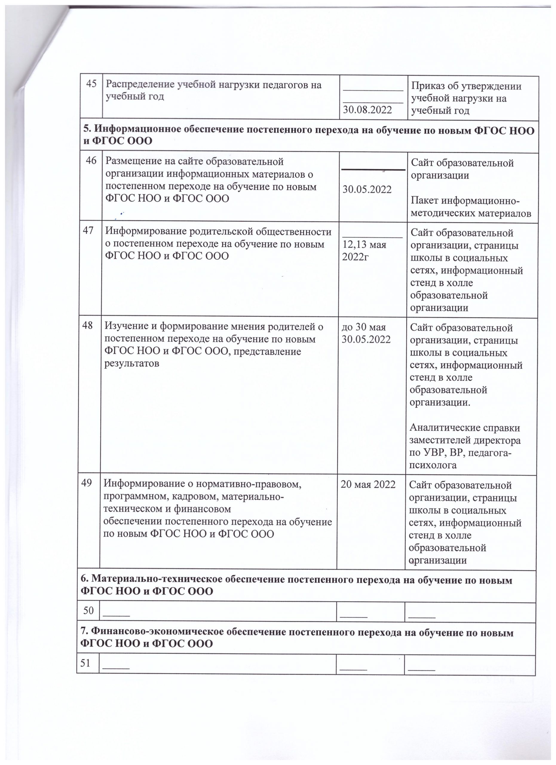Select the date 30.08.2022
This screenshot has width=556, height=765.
pos(367,109)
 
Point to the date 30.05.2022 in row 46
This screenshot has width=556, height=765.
pos(367,189)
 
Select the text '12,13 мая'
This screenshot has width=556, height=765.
pos(364,244)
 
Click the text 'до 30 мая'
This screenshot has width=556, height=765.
pos(364,327)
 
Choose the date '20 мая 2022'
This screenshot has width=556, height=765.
pos(368,484)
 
